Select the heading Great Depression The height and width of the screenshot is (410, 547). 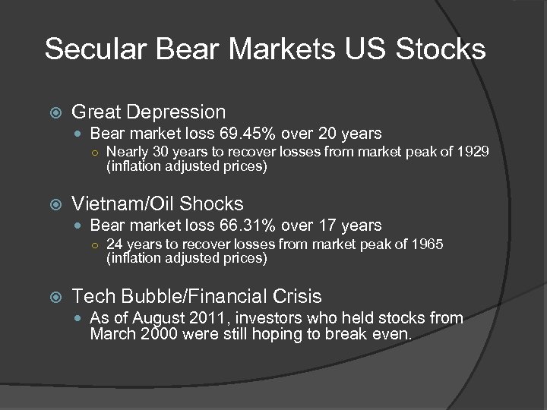pos(148,112)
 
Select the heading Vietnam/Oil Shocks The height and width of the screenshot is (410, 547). pos(157,203)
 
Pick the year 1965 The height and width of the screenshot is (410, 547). pos(428,244)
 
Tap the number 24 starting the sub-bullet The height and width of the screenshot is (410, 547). pos(114,244)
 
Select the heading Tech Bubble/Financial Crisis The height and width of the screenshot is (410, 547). pos(196,296)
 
